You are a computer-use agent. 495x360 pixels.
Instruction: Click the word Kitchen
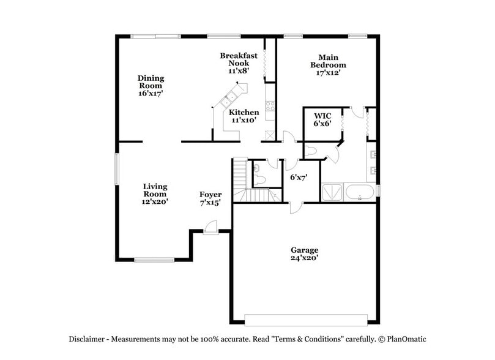[244, 113]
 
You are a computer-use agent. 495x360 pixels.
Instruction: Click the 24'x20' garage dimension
[304, 258]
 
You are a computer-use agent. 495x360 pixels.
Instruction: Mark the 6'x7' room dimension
[298, 178]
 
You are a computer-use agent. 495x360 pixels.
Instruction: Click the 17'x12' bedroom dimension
[328, 73]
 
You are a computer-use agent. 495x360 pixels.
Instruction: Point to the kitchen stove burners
[269, 105]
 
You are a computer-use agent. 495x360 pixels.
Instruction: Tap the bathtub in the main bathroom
[359, 192]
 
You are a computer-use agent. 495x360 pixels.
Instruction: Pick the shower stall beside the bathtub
[332, 192]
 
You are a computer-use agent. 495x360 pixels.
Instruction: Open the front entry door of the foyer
[210, 228]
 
